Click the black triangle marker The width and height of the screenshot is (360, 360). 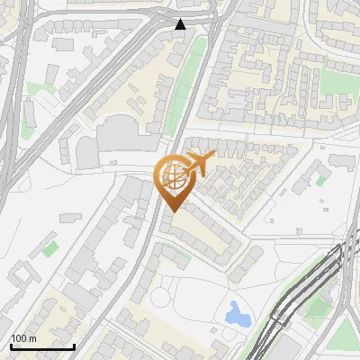click(x=181, y=24)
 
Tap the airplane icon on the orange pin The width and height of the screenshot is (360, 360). click(x=200, y=163)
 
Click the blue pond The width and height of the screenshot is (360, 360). click(x=238, y=313)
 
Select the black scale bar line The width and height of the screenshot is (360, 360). click(x=42, y=346)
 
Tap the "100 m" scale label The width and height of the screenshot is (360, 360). click(x=23, y=338)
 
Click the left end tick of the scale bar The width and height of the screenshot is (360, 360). click(x=11, y=345)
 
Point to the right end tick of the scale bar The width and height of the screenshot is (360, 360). click(x=74, y=345)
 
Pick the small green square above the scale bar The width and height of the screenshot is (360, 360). click(x=50, y=248)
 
